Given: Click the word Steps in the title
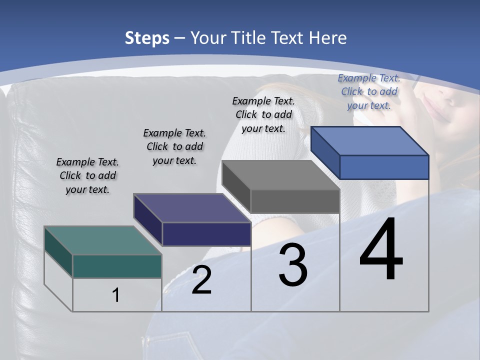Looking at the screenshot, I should tap(147, 38).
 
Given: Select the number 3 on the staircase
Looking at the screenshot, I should tap(292, 265).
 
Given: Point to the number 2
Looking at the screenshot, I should tap(201, 280).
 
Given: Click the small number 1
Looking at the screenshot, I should tap(116, 295).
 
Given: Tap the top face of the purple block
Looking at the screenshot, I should tap(192, 207).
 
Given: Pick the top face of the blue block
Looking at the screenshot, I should tap(370, 140).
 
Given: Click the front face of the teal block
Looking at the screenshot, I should tap(117, 266).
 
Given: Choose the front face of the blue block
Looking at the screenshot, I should tap(384, 167).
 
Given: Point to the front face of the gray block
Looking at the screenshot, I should tap(295, 201).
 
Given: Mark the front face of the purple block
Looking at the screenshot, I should tap(206, 234).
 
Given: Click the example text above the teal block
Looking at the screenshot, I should tap(87, 175).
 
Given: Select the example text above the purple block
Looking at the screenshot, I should tap(174, 146).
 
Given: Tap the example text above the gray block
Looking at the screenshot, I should tap(263, 114).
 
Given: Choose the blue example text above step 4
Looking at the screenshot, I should tap(369, 91).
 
